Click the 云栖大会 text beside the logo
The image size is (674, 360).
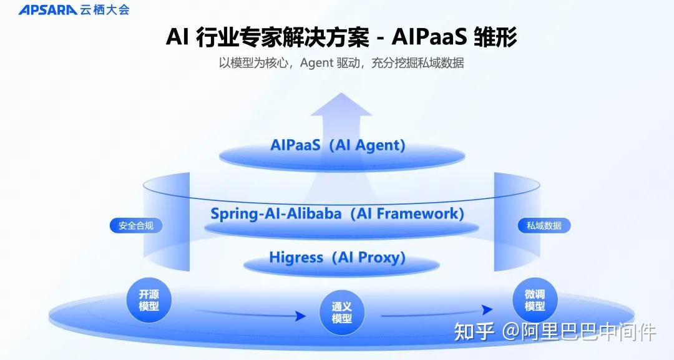pyautogui.click(x=104, y=10)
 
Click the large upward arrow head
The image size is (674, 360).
pyautogui.click(x=341, y=106)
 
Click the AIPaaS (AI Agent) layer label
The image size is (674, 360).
pyautogui.click(x=338, y=145)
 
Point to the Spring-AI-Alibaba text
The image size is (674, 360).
pyautogui.click(x=276, y=213)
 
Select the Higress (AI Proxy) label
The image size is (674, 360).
pyautogui.click(x=338, y=257)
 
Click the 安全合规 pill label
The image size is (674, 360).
pyautogui.click(x=135, y=226)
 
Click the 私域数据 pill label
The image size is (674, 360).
pyautogui.click(x=539, y=226)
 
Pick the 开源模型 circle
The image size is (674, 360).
pyautogui.click(x=149, y=301)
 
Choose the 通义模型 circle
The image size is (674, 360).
pyautogui.click(x=341, y=312)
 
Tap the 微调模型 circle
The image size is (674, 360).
pyautogui.click(x=535, y=299)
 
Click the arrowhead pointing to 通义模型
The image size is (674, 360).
pyautogui.click(x=301, y=316)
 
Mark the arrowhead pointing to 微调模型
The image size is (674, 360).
pyautogui.click(x=488, y=310)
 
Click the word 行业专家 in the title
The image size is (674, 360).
pyautogui.click(x=242, y=37)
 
